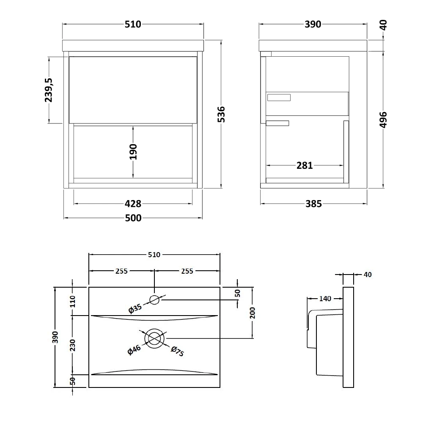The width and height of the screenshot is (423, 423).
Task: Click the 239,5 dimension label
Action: point(49,90)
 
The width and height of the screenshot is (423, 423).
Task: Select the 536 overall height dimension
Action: point(221,114)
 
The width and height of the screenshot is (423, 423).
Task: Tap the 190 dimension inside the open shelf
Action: point(133,151)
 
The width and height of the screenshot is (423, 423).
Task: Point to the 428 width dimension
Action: point(133,204)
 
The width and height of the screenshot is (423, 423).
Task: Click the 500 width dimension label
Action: point(133,218)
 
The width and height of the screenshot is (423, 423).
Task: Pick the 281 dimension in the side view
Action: point(305,165)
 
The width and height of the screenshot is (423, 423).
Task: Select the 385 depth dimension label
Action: point(313,204)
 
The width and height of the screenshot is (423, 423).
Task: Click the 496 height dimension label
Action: point(383,120)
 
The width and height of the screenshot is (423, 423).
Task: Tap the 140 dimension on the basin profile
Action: point(325,299)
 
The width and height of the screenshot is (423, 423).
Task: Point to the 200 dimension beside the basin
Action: point(252,313)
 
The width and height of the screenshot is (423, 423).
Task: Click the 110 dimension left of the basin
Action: point(73,301)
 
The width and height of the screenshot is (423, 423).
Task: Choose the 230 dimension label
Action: point(73,345)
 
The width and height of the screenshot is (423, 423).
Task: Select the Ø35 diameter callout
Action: point(135,309)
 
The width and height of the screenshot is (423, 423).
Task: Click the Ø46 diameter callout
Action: point(134,350)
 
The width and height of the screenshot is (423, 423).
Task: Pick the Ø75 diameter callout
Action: point(177,351)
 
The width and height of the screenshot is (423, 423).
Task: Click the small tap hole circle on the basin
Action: point(154,300)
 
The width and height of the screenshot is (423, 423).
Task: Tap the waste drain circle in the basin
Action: point(154,338)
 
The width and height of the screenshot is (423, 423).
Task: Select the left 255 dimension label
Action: point(121,271)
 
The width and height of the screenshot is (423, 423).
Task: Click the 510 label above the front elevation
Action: point(133,24)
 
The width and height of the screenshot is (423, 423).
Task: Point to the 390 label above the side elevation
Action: point(313,24)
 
